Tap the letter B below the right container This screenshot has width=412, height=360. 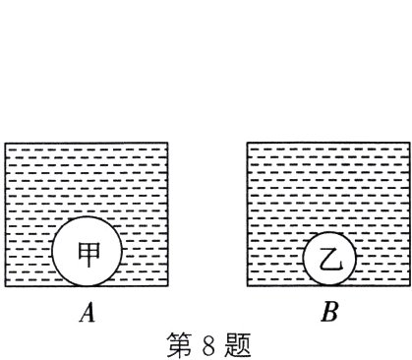click(x=329, y=314)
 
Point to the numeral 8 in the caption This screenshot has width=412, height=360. click(x=206, y=345)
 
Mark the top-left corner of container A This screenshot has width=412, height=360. click(x=6, y=144)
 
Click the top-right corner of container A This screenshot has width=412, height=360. click(x=167, y=144)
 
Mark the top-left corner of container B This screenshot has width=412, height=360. click(x=247, y=144)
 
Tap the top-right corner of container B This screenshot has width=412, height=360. click(x=408, y=144)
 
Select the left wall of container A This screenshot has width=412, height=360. click(x=6, y=216)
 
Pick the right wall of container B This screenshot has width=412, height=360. click(x=408, y=216)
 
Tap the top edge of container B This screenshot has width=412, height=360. click(x=327, y=144)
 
